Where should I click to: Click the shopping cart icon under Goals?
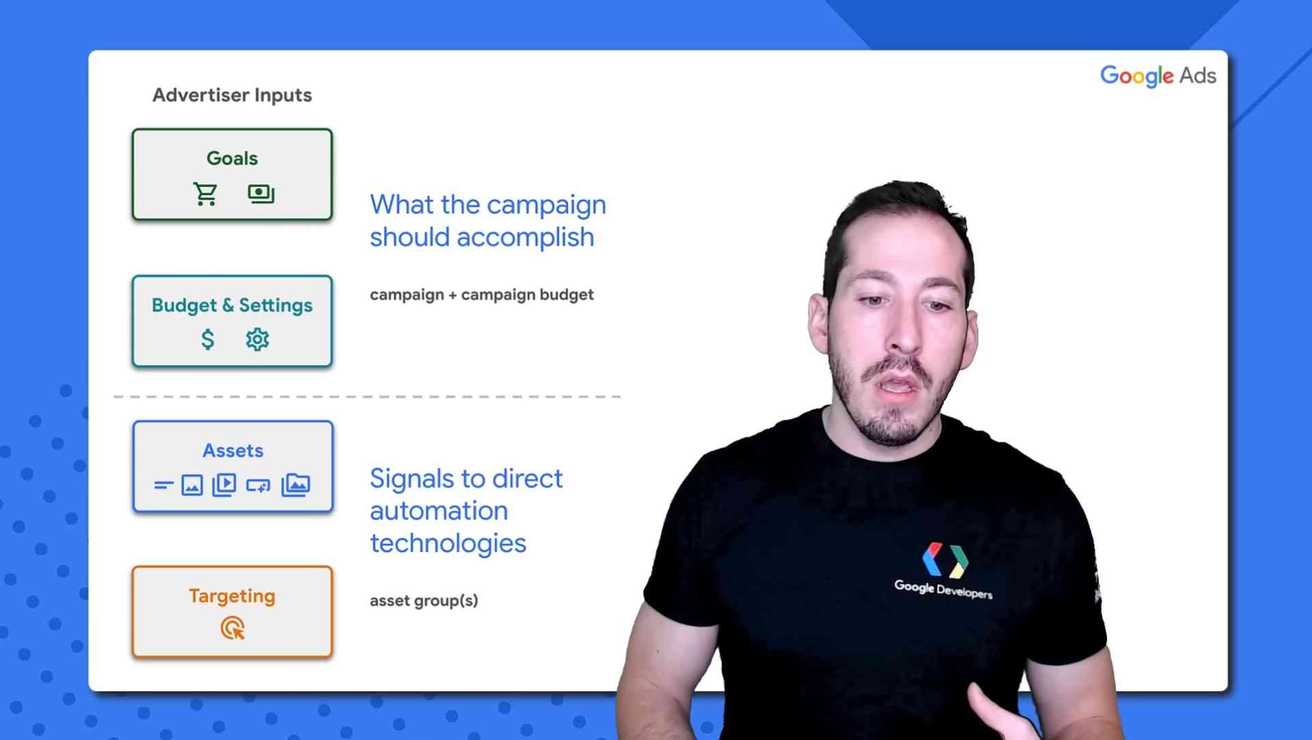pos(205,194)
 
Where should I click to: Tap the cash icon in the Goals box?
pos(261,194)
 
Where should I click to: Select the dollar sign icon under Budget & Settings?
pos(208,339)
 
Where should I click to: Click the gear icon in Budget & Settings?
pos(258,339)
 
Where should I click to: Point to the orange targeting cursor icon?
pos(233,628)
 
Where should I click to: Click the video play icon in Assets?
pos(224,485)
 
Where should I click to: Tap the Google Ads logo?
pos(1158,76)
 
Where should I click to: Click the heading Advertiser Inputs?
pos(232,95)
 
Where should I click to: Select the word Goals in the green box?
pos(232,158)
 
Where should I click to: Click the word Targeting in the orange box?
pos(232,596)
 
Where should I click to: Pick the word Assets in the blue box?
pos(233,451)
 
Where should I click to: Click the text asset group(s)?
pos(424,600)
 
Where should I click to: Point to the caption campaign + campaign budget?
pos(482,295)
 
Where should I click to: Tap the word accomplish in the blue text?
pos(525,238)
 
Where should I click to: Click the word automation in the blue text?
pos(439,511)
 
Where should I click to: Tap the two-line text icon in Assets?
pos(163,486)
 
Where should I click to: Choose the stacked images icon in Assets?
pos(296,485)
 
